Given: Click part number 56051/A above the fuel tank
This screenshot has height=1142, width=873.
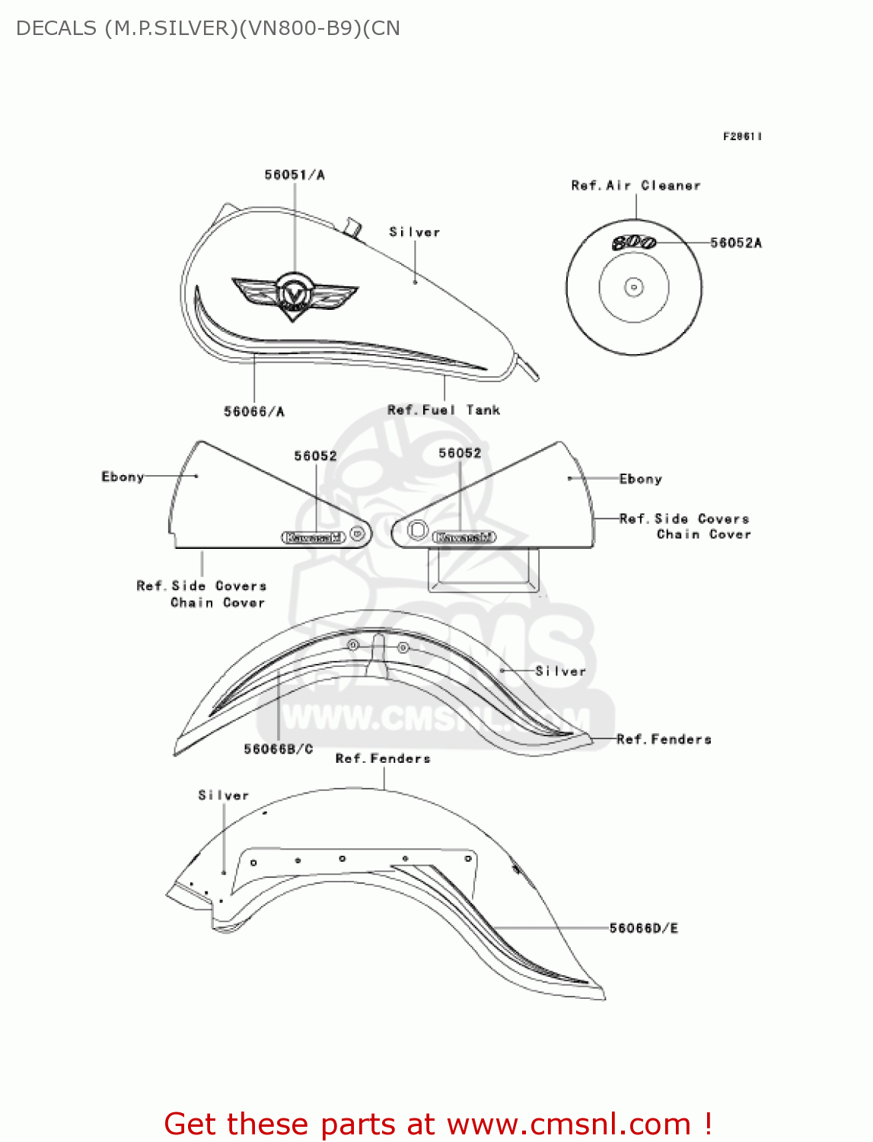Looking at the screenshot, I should coord(295,175).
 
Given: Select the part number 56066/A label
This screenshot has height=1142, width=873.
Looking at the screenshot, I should coord(254,412).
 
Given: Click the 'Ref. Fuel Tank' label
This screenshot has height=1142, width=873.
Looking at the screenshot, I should coord(444,410).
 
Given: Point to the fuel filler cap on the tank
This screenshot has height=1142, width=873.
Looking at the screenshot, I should coord(352,227).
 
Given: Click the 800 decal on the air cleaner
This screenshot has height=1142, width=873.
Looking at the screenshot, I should coord(634,243).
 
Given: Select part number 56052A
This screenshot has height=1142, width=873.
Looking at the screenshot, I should coord(735,243).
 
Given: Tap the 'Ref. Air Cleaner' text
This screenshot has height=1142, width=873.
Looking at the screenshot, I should coord(636,186).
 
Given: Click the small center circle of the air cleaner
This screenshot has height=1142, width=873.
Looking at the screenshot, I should coord(633,288).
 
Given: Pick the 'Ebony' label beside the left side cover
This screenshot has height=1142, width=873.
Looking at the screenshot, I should coord(123,477).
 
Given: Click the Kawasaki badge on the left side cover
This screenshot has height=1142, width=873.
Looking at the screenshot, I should coord(314,538).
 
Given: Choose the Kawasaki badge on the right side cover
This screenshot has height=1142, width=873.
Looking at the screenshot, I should coord(464,538).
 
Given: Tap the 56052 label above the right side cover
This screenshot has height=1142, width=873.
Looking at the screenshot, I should coord(460,453).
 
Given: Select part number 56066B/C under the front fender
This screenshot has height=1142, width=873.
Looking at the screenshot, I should coord(278,749).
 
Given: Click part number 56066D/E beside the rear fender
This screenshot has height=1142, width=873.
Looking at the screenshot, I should coord(643,928).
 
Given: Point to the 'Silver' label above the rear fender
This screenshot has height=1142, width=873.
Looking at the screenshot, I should coord(224,796).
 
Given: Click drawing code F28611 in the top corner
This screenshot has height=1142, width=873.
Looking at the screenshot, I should coord(742,136).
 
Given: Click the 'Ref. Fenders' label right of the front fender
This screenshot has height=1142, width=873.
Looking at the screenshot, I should coord(664,739).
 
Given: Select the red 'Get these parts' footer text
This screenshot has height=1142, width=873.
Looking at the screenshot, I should coord(438,1124).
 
